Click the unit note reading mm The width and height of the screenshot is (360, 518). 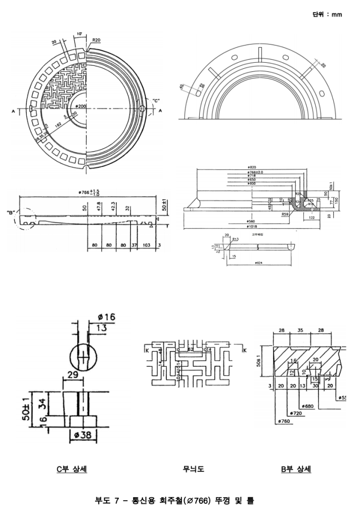coord(328,14)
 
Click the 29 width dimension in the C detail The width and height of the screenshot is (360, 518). coord(72,376)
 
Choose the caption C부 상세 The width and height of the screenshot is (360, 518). coord(71,469)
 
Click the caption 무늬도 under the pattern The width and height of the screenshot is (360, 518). coord(194,469)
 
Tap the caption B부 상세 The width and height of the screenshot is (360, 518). coord(296,469)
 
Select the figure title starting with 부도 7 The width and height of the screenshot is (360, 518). coord(174,501)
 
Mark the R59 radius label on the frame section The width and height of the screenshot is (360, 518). coord(285,214)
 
